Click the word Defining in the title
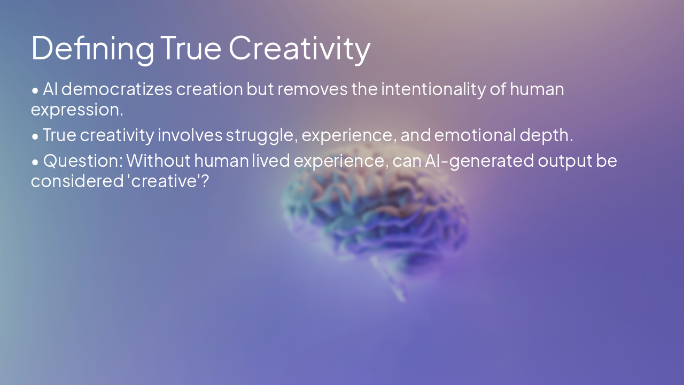tap(92, 48)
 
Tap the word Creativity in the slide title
tap(299, 48)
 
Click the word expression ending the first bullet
tap(76, 109)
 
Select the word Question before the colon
tap(83, 160)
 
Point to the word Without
tap(158, 160)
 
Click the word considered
tap(76, 181)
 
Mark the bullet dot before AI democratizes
tap(35, 90)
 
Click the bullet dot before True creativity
tap(35, 136)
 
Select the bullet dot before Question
tap(35, 161)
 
